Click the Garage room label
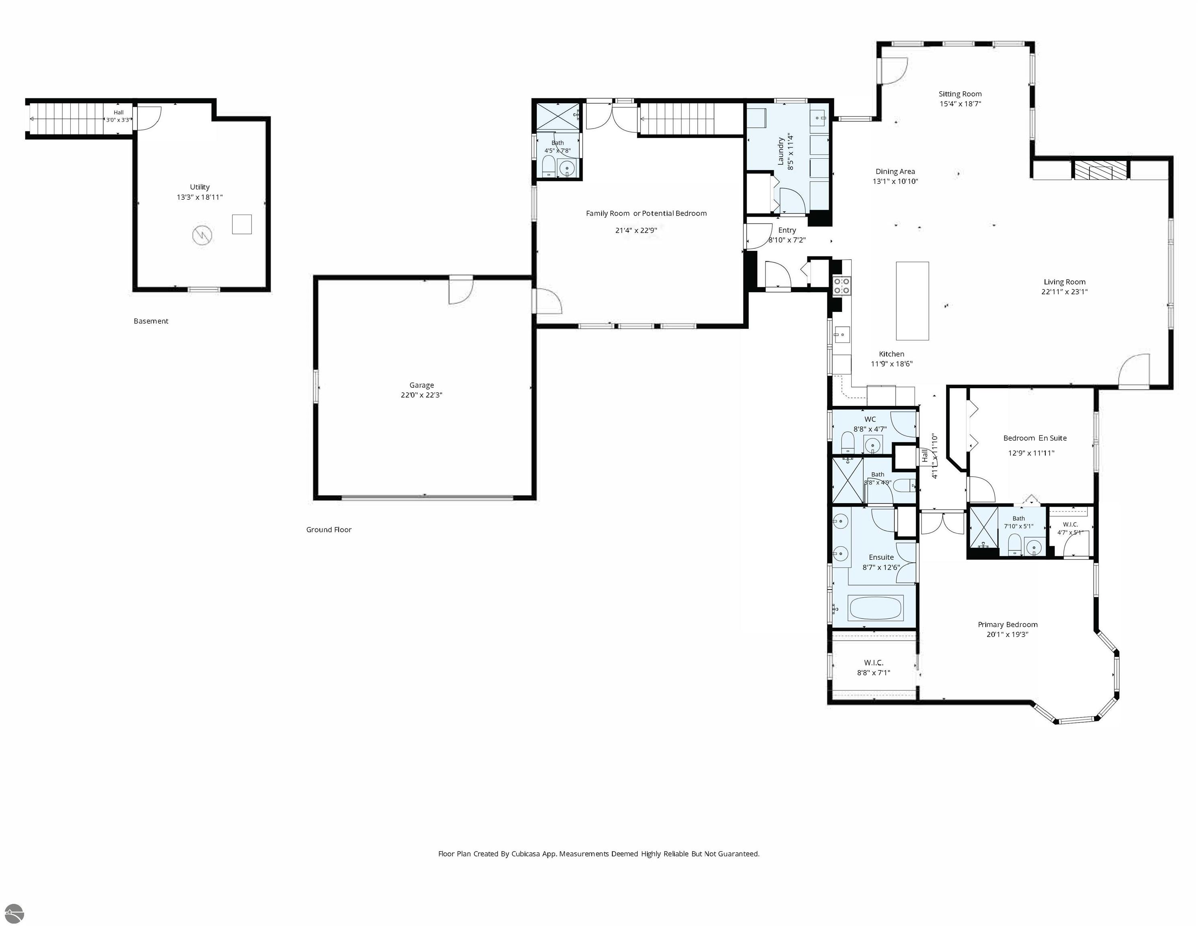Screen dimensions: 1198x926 coord(421,385)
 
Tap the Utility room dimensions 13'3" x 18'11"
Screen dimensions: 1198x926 coord(200,197)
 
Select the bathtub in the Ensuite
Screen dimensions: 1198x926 coord(875,608)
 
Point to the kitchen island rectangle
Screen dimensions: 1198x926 coord(912,301)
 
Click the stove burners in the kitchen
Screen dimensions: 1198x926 coord(842,285)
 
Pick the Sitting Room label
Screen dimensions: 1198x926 coord(960,94)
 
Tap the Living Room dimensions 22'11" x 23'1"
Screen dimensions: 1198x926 coord(1064,292)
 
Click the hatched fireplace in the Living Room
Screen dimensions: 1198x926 coord(1092,170)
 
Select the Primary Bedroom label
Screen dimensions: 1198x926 coord(1008,624)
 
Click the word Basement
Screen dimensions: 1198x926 coord(151,321)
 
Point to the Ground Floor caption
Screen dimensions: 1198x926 coord(329,529)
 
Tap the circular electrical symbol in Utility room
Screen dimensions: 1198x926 coord(203,236)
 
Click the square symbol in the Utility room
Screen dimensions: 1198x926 coord(242,224)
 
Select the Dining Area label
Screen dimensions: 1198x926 coord(895,171)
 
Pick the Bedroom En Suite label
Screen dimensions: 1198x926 coord(1035,438)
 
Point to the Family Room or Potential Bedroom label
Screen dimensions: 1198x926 coord(646,213)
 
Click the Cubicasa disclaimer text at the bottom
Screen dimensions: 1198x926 coord(599,854)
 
